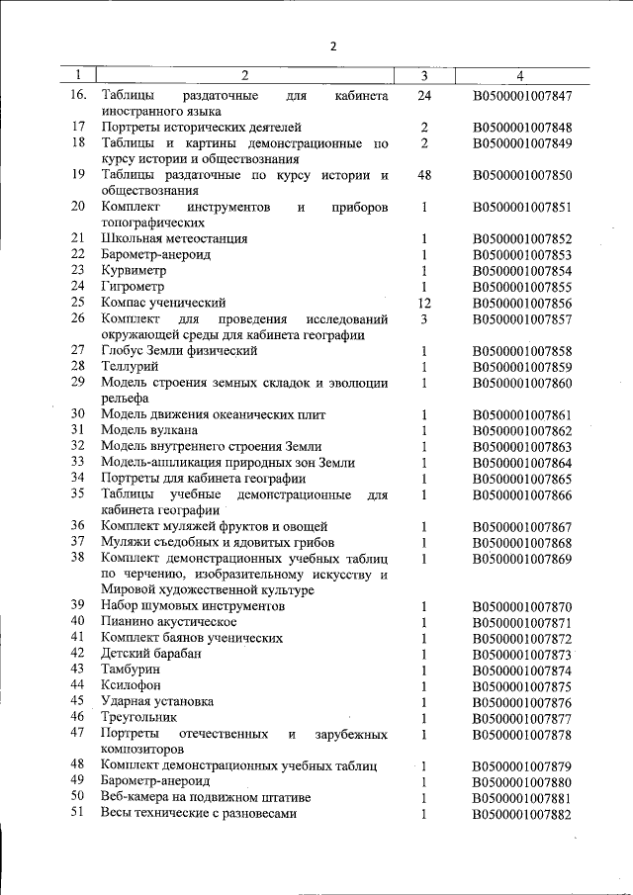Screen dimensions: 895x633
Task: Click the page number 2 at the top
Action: [x=333, y=45]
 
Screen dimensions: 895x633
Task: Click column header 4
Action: [x=520, y=75]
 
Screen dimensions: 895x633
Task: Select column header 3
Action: [x=423, y=75]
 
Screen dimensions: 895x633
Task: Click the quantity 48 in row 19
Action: [x=424, y=176]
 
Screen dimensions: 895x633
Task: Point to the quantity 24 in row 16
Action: [x=424, y=96]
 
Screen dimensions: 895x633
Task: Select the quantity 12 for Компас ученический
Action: [x=424, y=303]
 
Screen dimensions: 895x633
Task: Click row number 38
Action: [x=78, y=558]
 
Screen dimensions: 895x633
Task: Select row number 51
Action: [x=78, y=813]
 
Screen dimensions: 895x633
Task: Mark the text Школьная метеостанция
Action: [x=174, y=238]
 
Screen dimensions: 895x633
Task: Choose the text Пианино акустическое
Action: [x=168, y=621]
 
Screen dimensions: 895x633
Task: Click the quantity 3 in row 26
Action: [x=423, y=319]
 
